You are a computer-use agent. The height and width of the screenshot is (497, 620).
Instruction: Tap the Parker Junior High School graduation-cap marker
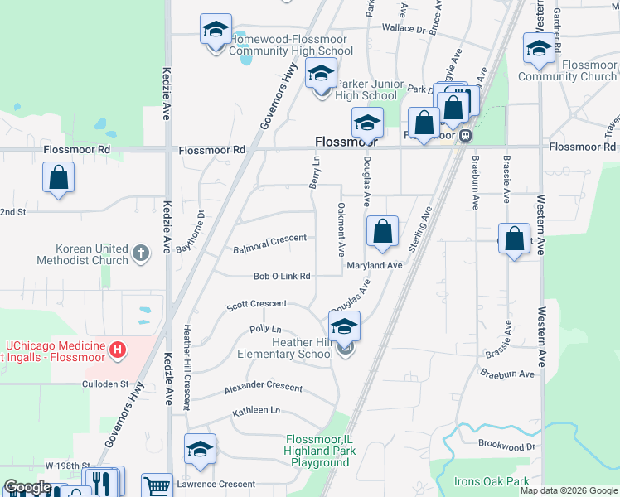click(x=322, y=75)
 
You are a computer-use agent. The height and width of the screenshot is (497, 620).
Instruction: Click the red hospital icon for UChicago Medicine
click(x=118, y=350)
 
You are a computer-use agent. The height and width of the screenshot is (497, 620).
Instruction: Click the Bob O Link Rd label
click(x=281, y=276)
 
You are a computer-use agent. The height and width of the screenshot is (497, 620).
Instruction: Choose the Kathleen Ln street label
click(x=256, y=410)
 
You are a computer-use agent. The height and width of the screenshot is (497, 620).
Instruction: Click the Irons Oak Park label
click(x=492, y=481)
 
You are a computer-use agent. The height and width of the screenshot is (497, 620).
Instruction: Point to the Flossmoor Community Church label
click(x=567, y=70)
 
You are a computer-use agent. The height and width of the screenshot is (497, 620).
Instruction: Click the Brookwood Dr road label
click(x=507, y=446)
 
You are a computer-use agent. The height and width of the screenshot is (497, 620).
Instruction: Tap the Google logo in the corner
click(x=28, y=487)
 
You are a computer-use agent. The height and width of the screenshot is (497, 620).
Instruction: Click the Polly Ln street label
click(x=265, y=329)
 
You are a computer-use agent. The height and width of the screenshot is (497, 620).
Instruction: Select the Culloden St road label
click(x=105, y=384)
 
